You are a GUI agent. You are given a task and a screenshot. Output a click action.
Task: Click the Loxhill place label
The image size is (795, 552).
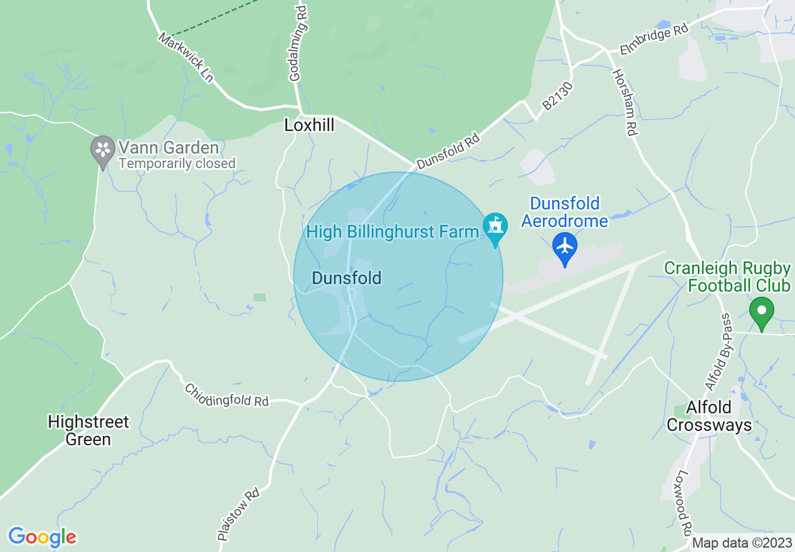click(x=309, y=125)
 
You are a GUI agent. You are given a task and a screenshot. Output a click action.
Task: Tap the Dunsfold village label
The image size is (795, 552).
click(x=347, y=278)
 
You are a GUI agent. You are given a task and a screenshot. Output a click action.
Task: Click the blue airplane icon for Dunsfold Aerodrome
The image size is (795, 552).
click(x=565, y=247)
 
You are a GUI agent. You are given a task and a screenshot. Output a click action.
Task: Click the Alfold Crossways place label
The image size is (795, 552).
click(x=708, y=416)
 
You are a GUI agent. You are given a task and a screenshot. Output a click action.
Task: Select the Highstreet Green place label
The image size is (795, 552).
click(x=88, y=430)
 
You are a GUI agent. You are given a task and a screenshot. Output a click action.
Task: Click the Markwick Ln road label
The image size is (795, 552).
click(x=186, y=58)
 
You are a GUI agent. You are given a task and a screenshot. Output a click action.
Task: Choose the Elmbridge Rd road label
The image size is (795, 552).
click(x=654, y=40)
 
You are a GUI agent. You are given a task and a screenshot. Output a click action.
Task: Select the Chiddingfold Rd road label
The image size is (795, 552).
click(x=226, y=395)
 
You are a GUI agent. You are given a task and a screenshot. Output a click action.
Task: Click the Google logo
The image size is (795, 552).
click(x=42, y=537)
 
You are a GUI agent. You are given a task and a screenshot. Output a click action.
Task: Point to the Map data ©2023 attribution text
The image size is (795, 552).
click(x=742, y=543)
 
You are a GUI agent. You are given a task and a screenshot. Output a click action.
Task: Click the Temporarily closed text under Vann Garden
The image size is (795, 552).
click(x=177, y=164)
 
